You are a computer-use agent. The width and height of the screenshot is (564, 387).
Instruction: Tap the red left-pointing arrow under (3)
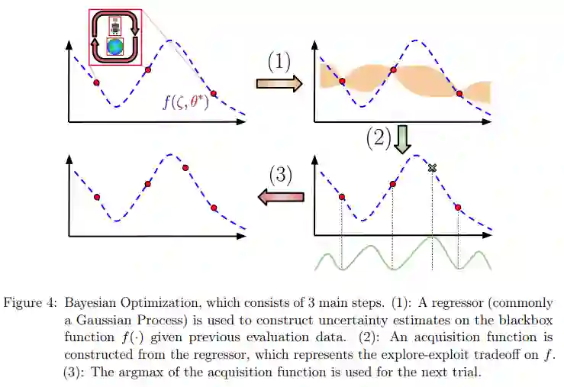point(280,198)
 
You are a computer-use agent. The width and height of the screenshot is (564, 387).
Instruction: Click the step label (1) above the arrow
point(279,62)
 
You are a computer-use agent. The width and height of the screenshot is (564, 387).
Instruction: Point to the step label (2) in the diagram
point(379,137)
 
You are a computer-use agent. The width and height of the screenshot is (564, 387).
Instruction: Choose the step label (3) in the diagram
point(280,175)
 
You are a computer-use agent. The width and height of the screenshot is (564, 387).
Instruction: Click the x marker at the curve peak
point(432,168)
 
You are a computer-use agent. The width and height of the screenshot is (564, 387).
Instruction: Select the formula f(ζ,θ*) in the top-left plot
point(186,101)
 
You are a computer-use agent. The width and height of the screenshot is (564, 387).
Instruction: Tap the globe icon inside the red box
point(116,46)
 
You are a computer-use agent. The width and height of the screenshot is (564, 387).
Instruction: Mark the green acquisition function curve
point(403,256)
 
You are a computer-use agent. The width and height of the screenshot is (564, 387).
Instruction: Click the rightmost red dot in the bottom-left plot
point(214,208)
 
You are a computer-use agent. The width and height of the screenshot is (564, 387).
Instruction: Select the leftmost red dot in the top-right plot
point(342,81)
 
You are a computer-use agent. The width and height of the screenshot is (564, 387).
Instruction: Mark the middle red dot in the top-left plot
point(148,69)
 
